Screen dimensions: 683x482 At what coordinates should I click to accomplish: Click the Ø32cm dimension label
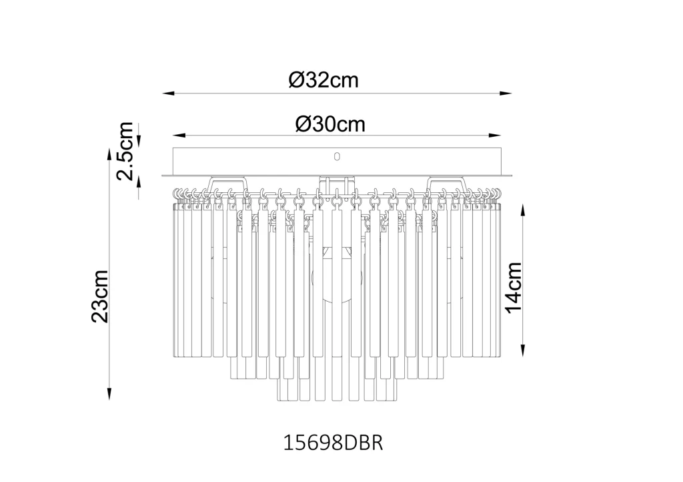pos(323,80)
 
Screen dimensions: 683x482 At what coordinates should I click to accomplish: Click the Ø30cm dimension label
pos(330,125)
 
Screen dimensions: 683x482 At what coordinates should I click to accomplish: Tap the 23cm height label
pos(100,296)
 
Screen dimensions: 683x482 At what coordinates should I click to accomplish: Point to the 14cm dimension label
pos(514,287)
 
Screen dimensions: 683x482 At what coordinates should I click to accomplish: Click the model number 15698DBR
pos(333,443)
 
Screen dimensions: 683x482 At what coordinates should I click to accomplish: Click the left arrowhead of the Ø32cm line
pos(169,93)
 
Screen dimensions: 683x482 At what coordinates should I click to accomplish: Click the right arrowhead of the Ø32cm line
pos(506,93)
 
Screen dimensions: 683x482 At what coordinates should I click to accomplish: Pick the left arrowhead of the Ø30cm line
pos(179,136)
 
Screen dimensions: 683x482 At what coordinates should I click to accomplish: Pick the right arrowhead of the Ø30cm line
pos(494,136)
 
